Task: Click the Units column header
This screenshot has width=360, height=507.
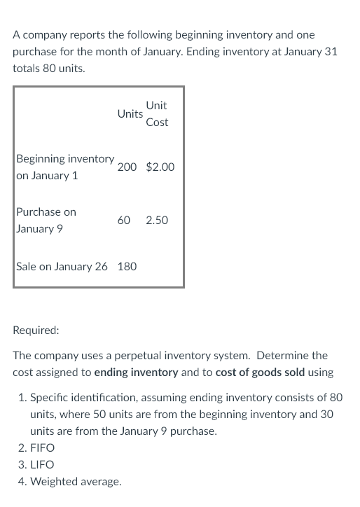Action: [130, 113]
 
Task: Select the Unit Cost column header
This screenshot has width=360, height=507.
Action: [157, 113]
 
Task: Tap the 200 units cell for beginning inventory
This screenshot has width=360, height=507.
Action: [127, 167]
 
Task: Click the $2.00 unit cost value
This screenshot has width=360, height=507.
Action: [160, 167]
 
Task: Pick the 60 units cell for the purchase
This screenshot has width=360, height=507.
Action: [124, 220]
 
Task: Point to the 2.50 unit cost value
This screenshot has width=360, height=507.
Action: [157, 220]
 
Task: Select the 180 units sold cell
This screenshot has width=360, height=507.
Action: [127, 266]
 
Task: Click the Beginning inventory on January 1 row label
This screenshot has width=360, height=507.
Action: [65, 167]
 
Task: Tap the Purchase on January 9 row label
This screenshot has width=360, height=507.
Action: [46, 220]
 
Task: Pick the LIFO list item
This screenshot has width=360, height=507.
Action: [42, 464]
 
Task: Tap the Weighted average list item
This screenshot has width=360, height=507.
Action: [76, 481]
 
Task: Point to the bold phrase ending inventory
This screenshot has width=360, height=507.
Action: [136, 373]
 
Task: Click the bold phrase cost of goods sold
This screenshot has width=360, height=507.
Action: [260, 373]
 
